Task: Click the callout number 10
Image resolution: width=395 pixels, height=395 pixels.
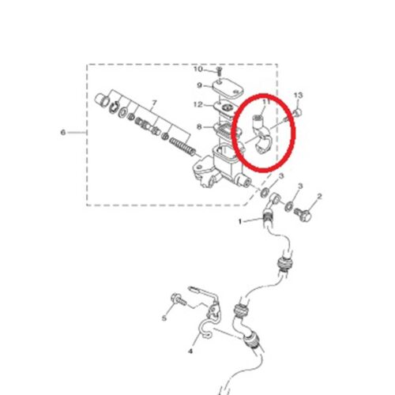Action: [x=198, y=70]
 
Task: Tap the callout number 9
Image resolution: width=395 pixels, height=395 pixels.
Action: [x=200, y=85]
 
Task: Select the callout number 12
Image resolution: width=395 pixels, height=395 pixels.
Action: [x=198, y=105]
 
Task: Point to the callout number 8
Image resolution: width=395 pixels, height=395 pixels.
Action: [x=199, y=127]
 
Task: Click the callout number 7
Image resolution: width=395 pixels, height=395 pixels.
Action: [x=154, y=103]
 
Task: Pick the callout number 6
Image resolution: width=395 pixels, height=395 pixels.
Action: [x=63, y=132]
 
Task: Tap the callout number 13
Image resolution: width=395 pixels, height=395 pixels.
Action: [x=299, y=96]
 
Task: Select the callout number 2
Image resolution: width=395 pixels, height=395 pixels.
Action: [x=319, y=196]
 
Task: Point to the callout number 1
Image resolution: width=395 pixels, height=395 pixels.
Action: [x=240, y=222]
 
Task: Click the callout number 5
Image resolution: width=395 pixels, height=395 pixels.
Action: [x=164, y=318]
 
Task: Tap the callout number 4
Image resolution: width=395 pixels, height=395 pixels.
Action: [x=190, y=351]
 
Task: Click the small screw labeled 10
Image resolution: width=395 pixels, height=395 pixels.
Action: [x=219, y=70]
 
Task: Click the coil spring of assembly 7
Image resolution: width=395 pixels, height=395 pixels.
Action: [x=182, y=146]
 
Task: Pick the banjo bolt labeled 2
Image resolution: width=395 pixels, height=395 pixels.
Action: [x=303, y=214]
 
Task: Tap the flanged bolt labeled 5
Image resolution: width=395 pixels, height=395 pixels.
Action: [x=179, y=300]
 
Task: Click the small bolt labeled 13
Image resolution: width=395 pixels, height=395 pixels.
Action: [x=298, y=113]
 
